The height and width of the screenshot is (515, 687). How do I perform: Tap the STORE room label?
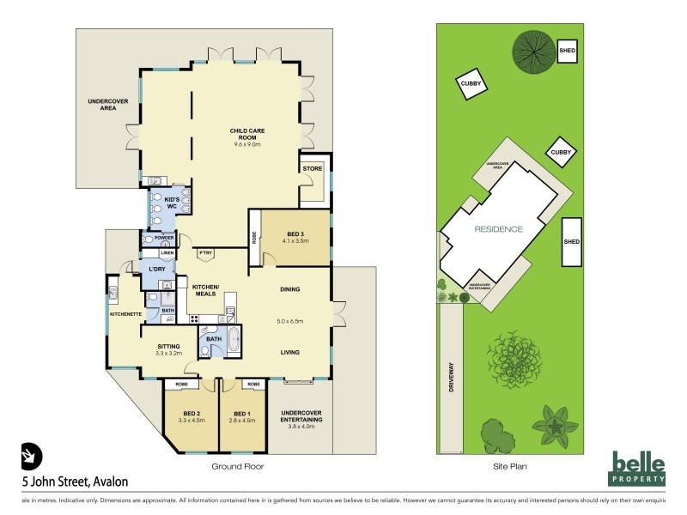[x=311, y=169]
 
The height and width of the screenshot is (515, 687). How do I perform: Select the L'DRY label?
[x=156, y=270]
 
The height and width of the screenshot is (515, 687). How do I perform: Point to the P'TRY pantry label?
[x=206, y=253]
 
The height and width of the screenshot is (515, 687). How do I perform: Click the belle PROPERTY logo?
[x=639, y=467]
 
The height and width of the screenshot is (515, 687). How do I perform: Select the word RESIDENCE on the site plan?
[x=499, y=230]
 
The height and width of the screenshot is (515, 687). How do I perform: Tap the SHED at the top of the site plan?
[x=567, y=51]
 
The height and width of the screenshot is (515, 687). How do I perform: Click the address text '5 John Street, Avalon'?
[x=67, y=482]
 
